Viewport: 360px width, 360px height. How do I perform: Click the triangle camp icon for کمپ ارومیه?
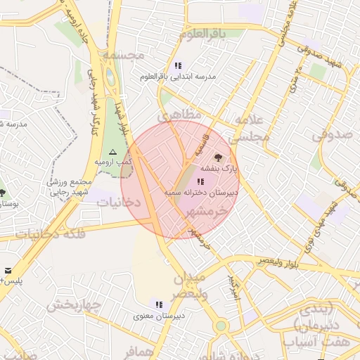pos(112,152)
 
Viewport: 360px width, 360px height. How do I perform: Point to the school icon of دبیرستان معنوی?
pos(159,304)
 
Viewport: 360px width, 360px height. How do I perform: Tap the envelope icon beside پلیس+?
pos(8,270)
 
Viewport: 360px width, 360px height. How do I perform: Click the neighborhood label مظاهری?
pos(181,114)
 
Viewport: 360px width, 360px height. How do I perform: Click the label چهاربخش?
pos(75,305)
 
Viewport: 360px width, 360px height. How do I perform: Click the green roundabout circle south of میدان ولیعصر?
pos(221,326)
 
